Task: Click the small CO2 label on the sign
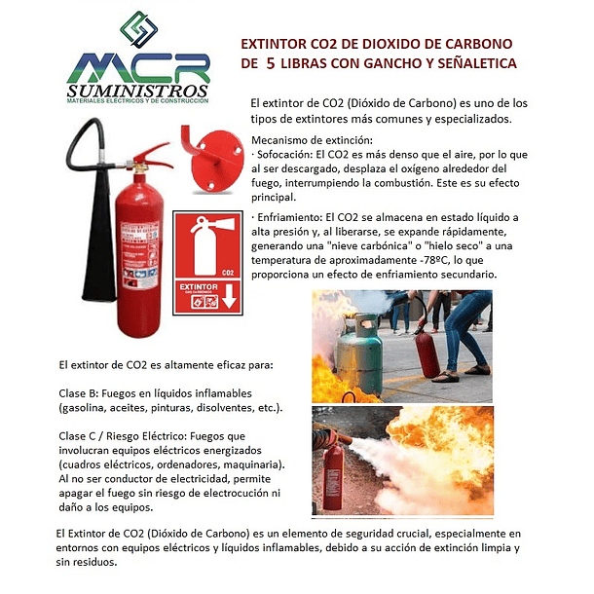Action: (x=228, y=274)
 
